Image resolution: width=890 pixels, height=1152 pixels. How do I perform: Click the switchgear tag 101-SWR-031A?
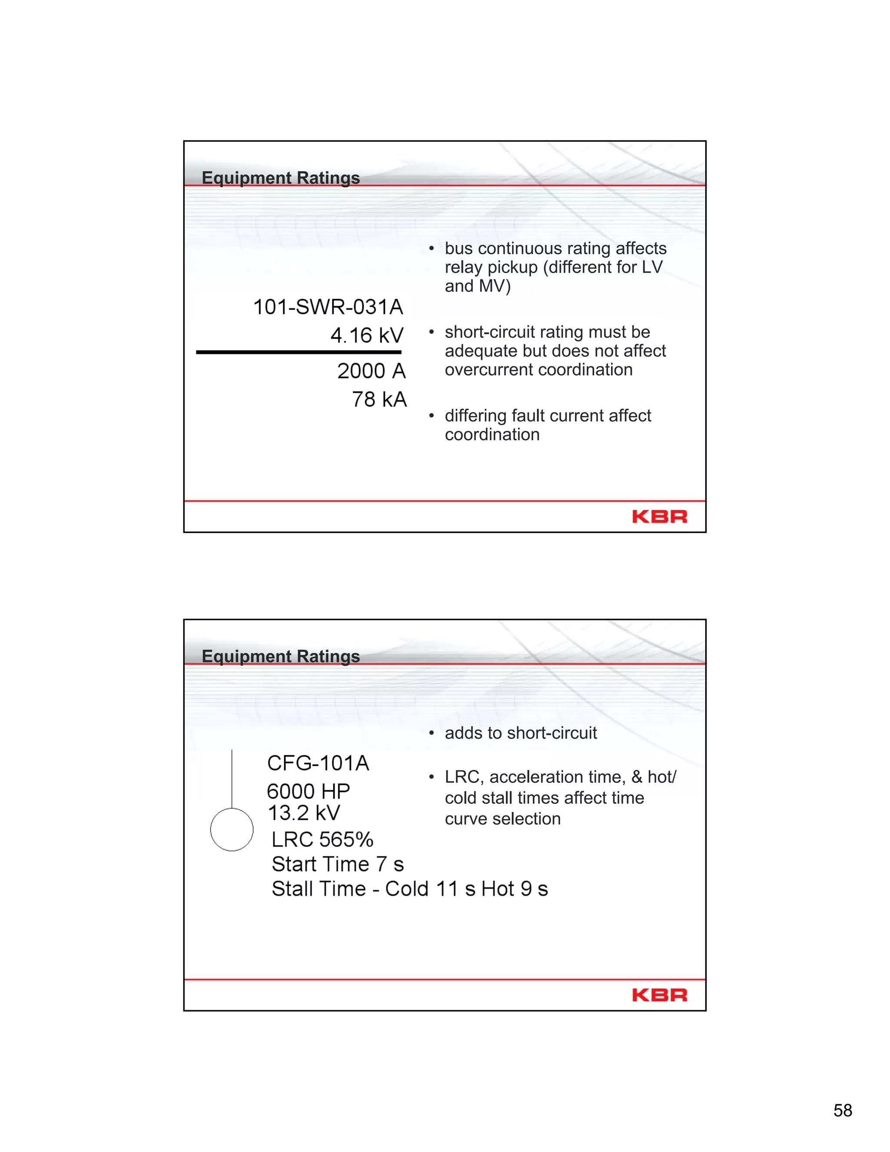coord(328,307)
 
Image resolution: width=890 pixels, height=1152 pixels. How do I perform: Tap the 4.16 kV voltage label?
coord(367,336)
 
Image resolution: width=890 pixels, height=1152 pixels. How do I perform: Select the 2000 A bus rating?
coord(371,371)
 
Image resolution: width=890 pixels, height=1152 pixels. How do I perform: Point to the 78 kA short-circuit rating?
coord(379,400)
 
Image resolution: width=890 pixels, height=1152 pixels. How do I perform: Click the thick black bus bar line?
coord(299,352)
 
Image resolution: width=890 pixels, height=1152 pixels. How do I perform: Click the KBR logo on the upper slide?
coord(660,516)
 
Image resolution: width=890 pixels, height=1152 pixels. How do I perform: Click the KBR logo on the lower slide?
coord(660,995)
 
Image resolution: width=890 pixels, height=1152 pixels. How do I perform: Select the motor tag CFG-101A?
coord(318,763)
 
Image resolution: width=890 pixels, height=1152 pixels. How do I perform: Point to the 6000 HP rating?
coord(309,791)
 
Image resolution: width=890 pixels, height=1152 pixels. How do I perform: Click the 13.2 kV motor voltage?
coord(304,813)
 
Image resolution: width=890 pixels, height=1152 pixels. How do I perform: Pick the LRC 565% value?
coord(322,839)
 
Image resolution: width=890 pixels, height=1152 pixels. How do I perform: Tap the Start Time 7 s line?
coord(337,864)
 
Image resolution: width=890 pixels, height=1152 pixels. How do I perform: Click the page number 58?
coord(843,1110)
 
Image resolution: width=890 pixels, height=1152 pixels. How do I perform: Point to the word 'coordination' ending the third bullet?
coord(492,435)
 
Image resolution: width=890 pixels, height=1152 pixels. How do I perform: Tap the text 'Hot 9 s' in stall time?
coord(515,889)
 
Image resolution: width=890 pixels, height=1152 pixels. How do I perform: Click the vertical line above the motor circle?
coord(232,779)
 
